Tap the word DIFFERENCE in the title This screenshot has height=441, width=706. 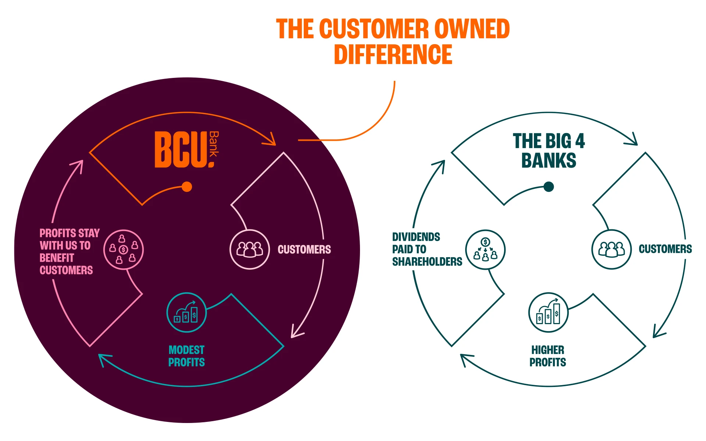click(393, 55)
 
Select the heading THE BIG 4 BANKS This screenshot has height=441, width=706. click(549, 151)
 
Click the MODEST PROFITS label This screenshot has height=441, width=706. click(186, 356)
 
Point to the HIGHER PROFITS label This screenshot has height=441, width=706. click(548, 356)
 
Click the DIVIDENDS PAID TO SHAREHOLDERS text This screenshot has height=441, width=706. click(427, 249)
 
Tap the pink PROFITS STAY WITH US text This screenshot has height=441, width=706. click(69, 251)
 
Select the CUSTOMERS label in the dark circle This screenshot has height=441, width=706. click(304, 250)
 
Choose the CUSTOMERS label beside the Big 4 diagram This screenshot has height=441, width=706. click(665, 249)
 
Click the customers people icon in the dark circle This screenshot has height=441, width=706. click(250, 250)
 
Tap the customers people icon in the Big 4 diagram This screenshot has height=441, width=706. click(611, 249)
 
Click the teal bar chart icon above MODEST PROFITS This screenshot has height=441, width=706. click(186, 312)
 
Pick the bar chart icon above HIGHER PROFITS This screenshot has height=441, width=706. click(548, 312)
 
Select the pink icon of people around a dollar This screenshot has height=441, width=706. click(123, 250)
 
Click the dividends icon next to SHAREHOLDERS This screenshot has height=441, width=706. click(485, 250)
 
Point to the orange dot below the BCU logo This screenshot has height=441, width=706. click(187, 187)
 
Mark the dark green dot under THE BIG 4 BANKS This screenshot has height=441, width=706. click(549, 187)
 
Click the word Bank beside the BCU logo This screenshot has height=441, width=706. click(214, 144)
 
